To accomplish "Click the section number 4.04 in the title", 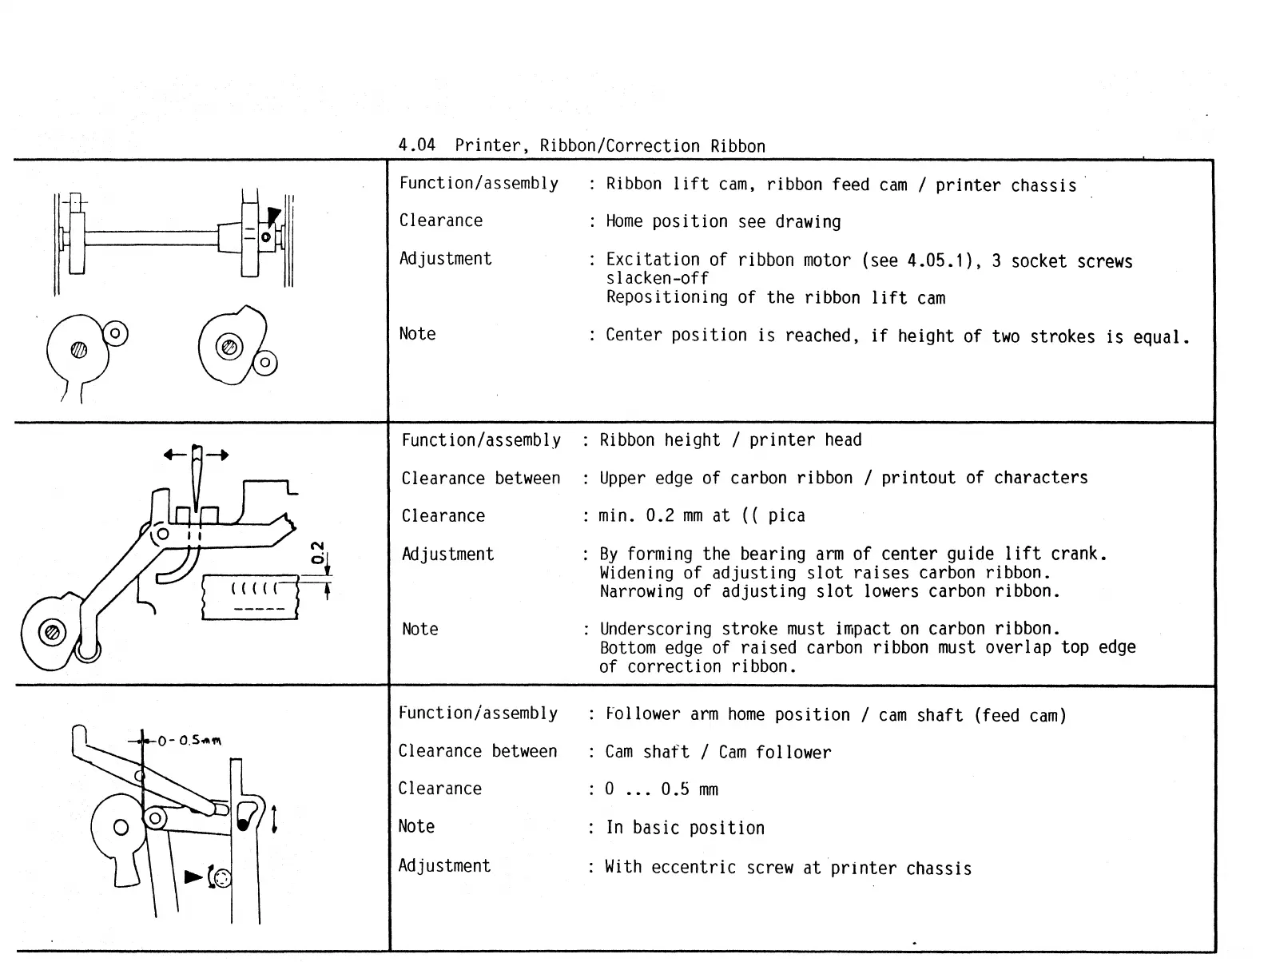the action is pos(417,145).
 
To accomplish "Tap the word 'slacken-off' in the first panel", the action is pos(657,279).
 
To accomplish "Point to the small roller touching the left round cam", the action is pos(116,332).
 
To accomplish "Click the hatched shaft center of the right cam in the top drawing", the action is pos(229,347).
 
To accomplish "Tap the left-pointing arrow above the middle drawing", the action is pos(175,455).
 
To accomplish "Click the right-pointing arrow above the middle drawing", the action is pos(218,455).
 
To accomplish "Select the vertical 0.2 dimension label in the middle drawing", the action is pos(317,552).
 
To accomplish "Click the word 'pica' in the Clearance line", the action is pos(786,516).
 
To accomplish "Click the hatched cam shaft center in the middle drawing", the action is pos(53,632).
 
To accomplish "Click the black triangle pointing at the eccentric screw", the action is pos(193,877).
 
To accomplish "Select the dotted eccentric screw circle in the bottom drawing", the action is pos(221,877).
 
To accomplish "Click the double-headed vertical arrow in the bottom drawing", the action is pos(274,818).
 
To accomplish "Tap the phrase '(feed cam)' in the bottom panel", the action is pos(1020,716).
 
